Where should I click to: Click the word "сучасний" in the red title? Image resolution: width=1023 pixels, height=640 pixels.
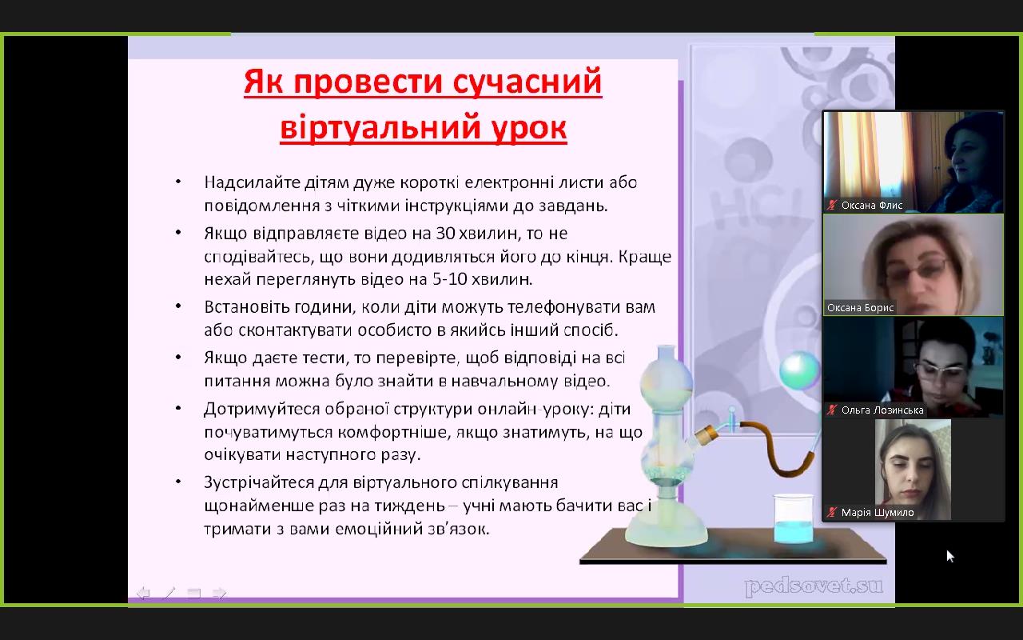click(527, 82)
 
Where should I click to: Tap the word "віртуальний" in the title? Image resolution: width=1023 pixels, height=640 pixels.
click(380, 127)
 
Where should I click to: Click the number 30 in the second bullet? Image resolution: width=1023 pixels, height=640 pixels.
click(445, 234)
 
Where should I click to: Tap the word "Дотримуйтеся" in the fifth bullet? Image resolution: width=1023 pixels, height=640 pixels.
click(261, 410)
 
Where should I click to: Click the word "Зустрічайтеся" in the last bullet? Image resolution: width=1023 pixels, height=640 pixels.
click(258, 483)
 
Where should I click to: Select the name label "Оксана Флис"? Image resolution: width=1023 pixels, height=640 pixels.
click(872, 206)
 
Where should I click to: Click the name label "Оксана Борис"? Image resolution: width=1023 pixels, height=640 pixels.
click(861, 308)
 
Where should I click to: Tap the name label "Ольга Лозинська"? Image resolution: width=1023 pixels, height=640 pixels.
click(882, 410)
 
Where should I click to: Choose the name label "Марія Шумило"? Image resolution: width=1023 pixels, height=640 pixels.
click(878, 513)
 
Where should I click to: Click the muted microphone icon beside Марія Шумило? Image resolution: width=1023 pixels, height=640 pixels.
click(832, 513)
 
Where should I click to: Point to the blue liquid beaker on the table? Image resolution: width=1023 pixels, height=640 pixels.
click(794, 520)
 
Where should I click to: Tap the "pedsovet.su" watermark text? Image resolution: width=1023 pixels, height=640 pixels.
click(814, 586)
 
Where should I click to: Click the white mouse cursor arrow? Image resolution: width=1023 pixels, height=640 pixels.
click(950, 556)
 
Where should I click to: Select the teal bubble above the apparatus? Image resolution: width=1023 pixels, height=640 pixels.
click(800, 370)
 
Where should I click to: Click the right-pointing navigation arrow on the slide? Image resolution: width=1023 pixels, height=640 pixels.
click(220, 594)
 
